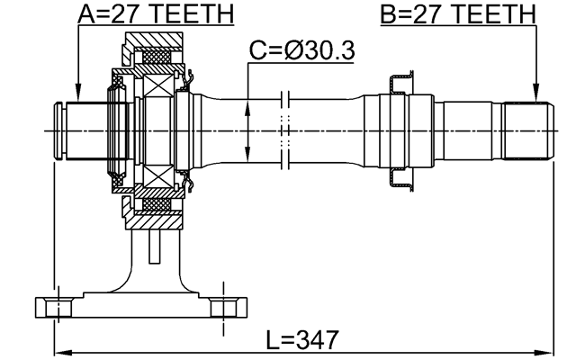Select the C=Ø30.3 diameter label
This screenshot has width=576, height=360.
(301, 52)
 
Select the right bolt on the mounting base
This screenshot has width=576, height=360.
(226, 306)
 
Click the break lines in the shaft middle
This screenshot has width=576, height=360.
(284, 131)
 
